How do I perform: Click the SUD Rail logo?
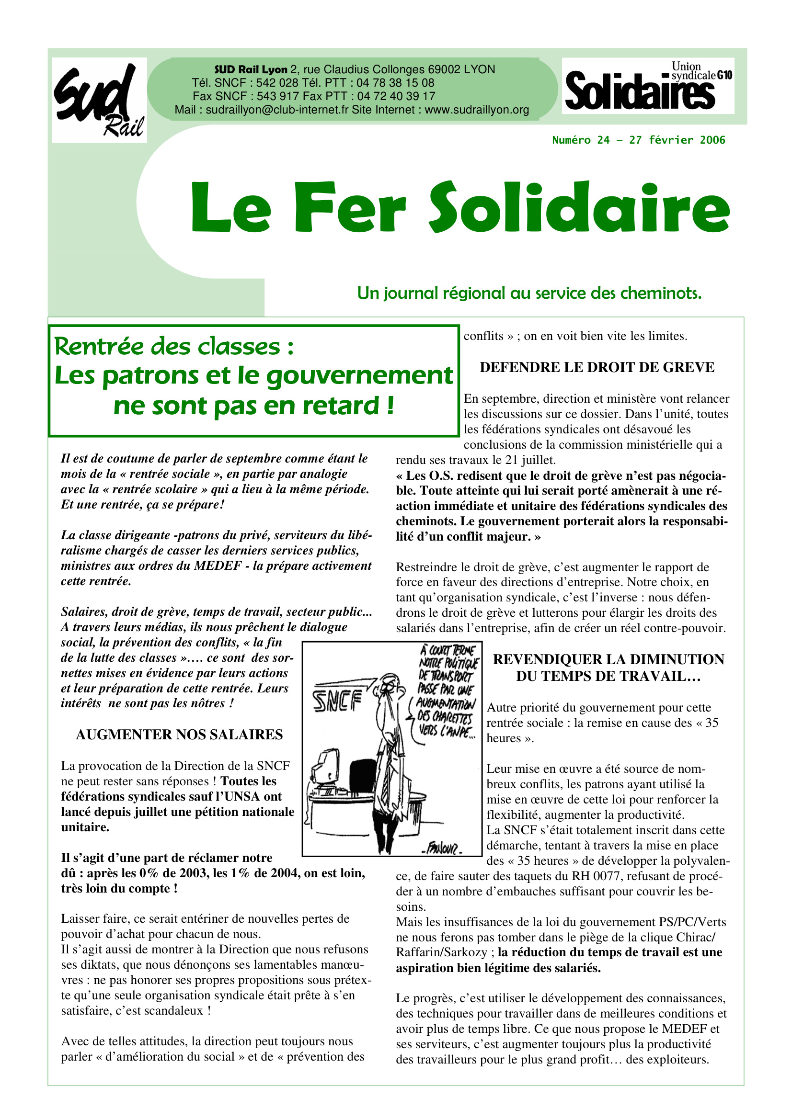coord(99,100)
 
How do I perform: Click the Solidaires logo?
coord(648,86)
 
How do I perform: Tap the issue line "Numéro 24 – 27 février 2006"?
coord(638,140)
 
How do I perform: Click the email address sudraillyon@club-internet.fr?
coord(276,110)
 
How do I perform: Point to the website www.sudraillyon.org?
coord(477,110)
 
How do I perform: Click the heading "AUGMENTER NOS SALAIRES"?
coord(179,734)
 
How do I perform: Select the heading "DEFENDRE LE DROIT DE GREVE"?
coord(597,367)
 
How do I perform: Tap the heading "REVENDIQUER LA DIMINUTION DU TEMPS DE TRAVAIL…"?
coord(608,667)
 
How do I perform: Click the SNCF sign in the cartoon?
coord(337,701)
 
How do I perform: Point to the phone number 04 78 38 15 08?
coord(395,83)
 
